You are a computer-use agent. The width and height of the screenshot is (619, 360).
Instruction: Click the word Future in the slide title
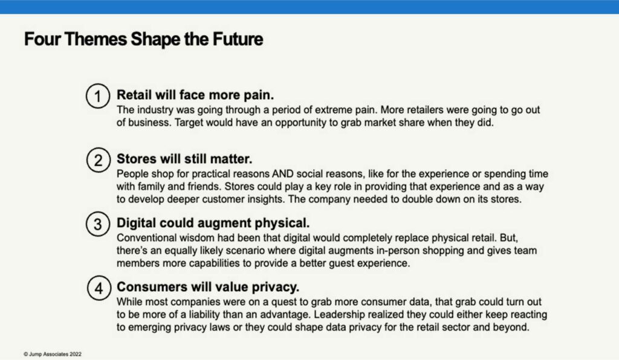(238, 39)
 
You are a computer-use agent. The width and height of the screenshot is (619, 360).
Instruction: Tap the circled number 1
(98, 96)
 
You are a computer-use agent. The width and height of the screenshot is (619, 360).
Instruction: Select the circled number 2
(99, 159)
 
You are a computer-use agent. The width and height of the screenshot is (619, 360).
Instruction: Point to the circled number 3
(98, 224)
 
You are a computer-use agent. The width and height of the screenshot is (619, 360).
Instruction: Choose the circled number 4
(99, 288)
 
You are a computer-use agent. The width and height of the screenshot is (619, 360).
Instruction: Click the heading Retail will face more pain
(195, 95)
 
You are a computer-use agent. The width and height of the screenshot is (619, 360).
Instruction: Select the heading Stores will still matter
(184, 159)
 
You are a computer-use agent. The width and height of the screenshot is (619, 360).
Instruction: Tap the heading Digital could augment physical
(213, 223)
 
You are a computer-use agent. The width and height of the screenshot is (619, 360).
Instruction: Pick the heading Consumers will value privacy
(208, 287)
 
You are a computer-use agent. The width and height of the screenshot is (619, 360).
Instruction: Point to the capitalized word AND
(283, 174)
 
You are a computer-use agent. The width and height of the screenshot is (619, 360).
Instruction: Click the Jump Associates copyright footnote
(53, 354)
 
